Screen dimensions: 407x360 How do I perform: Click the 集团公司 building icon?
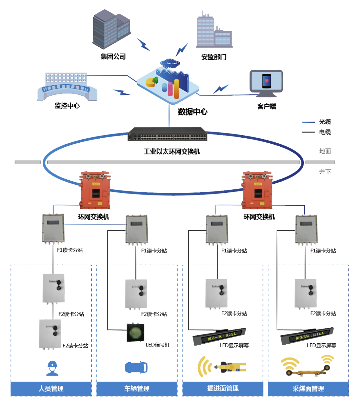111,29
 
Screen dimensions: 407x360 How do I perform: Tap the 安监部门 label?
214,57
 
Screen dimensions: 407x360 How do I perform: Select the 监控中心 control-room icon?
67,87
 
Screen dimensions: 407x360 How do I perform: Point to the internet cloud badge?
170,63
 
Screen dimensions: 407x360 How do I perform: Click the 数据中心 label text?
193,112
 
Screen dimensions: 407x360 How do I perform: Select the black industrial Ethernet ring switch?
167,134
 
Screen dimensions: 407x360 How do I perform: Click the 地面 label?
325,151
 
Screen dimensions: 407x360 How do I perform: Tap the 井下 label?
325,171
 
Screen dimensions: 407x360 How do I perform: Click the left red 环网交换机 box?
95,190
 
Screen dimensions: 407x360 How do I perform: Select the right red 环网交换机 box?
257,190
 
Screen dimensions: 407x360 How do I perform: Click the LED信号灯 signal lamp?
135,333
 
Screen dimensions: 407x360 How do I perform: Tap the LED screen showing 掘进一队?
219,336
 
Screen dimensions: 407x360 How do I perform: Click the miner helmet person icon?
52,368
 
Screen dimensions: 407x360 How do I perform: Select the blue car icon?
136,367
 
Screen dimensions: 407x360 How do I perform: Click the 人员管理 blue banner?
51,388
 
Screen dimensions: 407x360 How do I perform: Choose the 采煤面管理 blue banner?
308,388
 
